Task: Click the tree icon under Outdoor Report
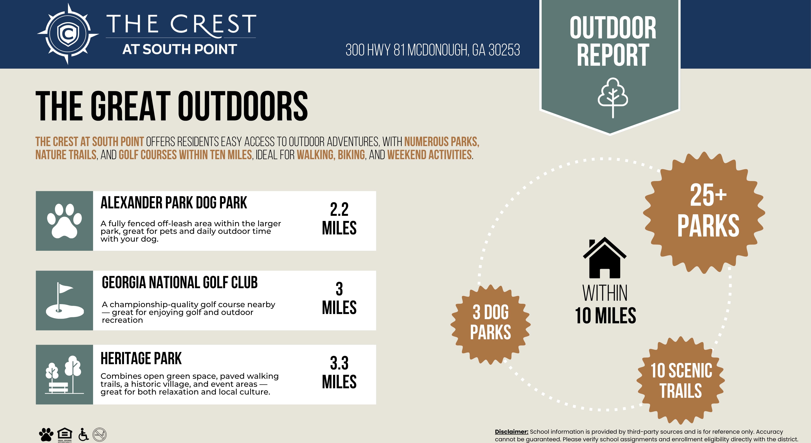(613, 98)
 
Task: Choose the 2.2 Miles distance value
(339, 218)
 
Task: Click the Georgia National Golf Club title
(180, 282)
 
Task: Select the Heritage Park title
(141, 358)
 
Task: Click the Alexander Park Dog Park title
(174, 203)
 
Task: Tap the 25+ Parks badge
(704, 213)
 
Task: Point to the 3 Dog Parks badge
(491, 324)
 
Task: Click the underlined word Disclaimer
(512, 432)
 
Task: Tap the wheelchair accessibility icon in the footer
(83, 434)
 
